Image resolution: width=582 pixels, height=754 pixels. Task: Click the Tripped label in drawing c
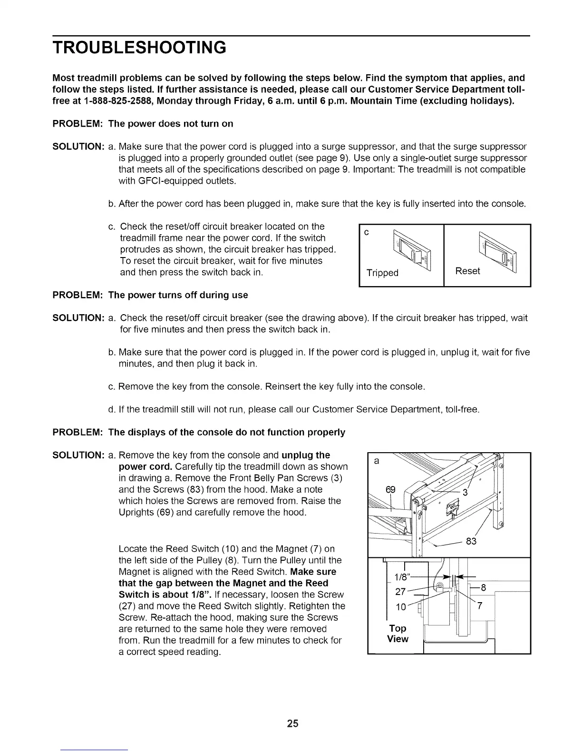pos(382,273)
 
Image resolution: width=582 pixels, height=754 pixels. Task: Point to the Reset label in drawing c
pos(467,271)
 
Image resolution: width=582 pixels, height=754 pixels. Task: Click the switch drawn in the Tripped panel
pos(410,253)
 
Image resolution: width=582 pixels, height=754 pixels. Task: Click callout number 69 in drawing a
pos(390,490)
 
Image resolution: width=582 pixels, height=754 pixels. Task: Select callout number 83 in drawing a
pos(471,541)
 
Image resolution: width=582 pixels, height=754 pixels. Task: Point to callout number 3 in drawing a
pos(466,493)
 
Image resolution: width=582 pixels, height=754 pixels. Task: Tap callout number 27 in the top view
pos(400,592)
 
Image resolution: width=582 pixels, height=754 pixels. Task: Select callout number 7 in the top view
pos(480,606)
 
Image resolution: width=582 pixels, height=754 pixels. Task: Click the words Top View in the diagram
pos(398,634)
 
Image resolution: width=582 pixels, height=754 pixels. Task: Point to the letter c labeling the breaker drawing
pos(366,232)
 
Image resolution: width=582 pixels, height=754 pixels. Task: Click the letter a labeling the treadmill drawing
pos(377,461)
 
